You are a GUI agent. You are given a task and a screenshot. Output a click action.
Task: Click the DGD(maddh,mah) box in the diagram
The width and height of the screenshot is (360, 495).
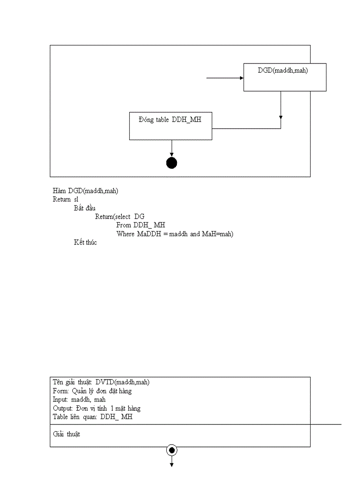tap(285, 77)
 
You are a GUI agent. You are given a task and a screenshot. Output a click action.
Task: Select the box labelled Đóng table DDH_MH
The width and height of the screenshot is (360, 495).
tap(170, 126)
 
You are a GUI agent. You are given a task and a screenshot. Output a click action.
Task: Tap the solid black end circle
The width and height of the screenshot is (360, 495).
tap(172, 163)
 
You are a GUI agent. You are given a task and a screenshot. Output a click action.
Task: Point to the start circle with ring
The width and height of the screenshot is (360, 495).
tap(172, 450)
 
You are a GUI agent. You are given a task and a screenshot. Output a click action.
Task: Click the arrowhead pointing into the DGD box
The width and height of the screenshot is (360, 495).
tap(241, 78)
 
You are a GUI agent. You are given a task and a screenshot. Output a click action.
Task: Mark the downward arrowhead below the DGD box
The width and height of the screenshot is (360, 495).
tap(281, 117)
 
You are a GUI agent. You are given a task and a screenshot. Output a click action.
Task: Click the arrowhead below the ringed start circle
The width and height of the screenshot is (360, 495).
tap(172, 464)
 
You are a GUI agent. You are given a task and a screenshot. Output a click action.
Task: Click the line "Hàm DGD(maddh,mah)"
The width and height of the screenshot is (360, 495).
tap(86, 191)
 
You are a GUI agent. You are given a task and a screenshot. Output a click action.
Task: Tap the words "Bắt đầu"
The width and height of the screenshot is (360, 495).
tap(85, 208)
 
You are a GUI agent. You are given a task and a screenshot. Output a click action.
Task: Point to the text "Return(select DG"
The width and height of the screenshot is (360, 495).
tap(120, 216)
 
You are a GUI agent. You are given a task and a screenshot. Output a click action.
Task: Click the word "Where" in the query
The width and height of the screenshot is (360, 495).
tap(125, 234)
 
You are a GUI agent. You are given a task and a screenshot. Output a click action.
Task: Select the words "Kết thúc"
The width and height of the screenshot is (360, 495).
tap(85, 242)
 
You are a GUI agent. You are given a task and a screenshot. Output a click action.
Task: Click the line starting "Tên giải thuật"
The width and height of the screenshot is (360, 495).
tap(104, 382)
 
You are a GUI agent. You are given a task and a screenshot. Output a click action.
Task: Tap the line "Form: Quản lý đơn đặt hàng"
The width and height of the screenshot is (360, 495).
tap(92, 391)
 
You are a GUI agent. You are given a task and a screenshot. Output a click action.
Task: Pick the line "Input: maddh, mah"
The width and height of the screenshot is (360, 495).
tap(79, 399)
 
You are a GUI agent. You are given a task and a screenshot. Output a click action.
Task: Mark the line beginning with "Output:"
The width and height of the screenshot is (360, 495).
tap(96, 408)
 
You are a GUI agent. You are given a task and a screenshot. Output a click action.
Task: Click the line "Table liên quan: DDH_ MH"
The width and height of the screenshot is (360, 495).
tap(92, 417)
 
